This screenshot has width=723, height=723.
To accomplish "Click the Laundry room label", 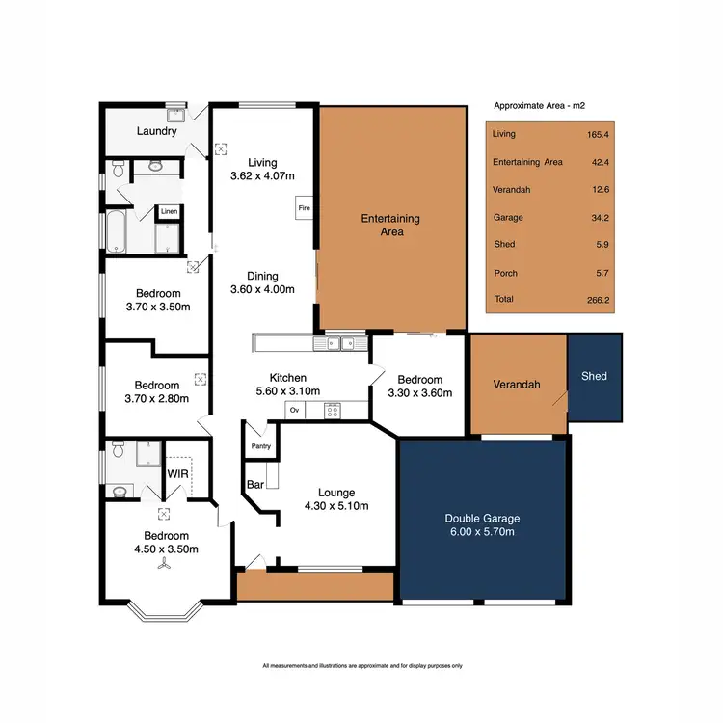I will pos(156,131).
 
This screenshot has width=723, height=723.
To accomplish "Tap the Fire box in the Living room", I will pos(302,207).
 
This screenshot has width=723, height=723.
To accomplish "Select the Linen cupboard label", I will pos(169,211).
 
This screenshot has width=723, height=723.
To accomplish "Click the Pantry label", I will pos(260,446).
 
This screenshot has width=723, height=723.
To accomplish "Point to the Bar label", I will pos(255,484).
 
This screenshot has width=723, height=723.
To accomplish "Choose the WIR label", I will pos(177,474).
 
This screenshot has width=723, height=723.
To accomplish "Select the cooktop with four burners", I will pos(332,411).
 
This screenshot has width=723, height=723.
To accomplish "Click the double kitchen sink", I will pos(339,342).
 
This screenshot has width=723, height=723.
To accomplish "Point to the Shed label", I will pos(594,376).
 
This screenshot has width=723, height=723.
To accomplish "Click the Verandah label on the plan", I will pos(516,385).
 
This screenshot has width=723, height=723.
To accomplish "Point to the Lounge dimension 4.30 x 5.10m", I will pos(336,505).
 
